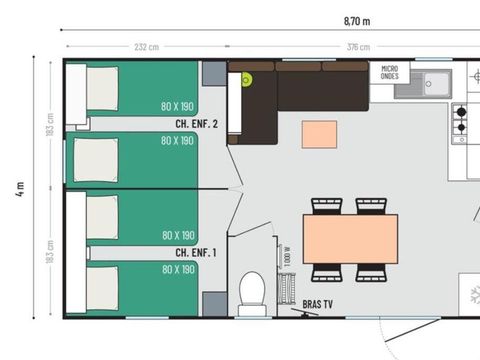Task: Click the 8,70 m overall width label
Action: tap(357, 20)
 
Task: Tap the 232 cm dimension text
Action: tap(146, 47)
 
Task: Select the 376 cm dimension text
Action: tap(357, 47)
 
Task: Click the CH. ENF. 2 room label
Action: tap(197, 124)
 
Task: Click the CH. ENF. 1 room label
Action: tap(196, 253)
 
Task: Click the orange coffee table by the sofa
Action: tap(319, 134)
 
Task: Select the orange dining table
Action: tap(350, 239)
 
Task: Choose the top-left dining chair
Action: tap(327, 206)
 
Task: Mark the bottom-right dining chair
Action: tap(372, 272)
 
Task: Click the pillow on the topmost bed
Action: tap(102, 88)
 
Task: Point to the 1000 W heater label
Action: tap(286, 256)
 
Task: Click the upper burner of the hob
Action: tap(461, 111)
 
